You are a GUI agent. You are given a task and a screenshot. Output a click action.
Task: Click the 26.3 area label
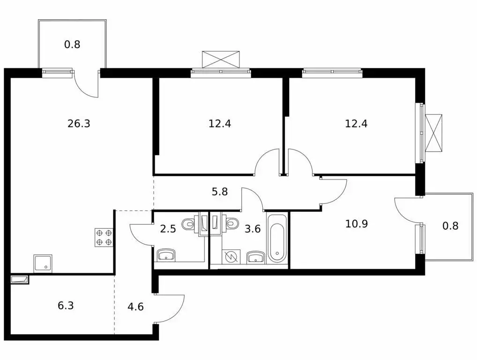[79, 124]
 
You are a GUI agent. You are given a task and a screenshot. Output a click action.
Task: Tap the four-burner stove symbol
[104, 237]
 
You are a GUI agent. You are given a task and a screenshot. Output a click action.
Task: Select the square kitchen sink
[43, 263]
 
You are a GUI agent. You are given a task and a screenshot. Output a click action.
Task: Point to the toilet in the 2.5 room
[189, 223]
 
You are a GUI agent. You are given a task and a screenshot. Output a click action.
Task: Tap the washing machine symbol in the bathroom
[230, 256]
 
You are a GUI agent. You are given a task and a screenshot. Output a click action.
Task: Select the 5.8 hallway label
[220, 191]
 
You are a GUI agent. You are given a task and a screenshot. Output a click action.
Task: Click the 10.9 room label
[356, 224]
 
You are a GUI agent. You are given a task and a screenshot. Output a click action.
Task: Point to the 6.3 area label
[66, 306]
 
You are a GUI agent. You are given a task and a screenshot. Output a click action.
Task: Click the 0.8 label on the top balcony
[72, 45]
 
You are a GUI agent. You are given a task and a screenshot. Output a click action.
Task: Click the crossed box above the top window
[221, 59]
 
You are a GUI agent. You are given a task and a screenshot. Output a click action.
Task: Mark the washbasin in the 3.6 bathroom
[255, 256]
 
